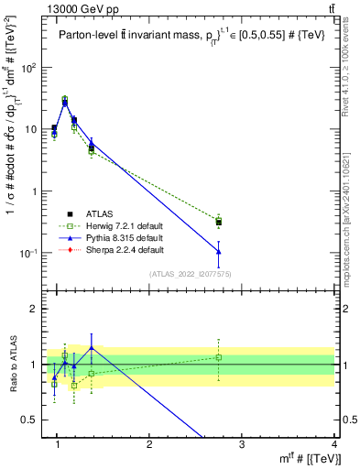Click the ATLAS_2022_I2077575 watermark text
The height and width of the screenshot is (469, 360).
tap(195, 274)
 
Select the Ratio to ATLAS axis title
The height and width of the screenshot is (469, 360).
tap(12, 364)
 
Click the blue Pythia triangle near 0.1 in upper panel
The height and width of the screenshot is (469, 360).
tap(218, 251)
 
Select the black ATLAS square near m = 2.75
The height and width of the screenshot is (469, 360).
tap(218, 223)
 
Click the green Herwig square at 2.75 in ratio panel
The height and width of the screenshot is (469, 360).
tap(218, 357)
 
